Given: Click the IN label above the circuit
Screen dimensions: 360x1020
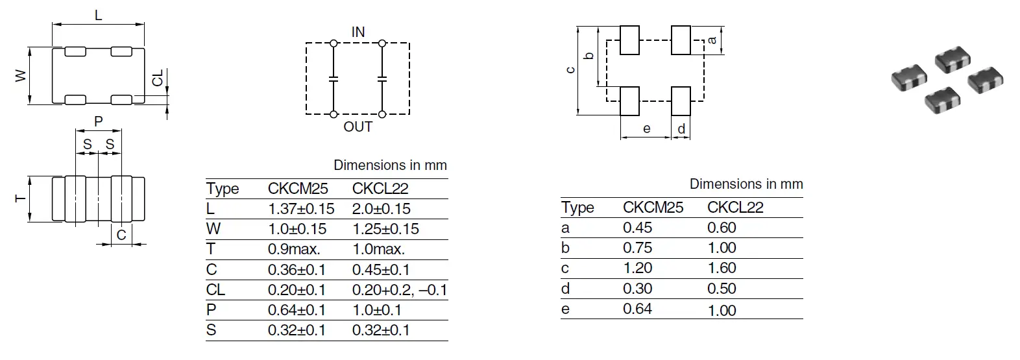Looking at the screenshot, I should click(358, 32).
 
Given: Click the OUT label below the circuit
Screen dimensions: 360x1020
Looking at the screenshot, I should click(358, 126).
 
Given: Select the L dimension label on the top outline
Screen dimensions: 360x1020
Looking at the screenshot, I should click(99, 14).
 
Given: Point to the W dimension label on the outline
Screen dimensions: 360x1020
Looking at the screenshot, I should click(21, 76).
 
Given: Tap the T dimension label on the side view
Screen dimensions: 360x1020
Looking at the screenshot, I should click(21, 198).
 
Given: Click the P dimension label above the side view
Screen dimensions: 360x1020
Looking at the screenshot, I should click(99, 121).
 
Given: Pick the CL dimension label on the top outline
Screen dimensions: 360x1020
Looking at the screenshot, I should click(158, 78).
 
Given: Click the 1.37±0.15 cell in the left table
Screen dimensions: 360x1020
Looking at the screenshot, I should click(300, 209).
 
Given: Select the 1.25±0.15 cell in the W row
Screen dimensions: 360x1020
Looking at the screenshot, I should click(385, 229).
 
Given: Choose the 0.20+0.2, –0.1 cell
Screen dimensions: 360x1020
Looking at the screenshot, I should click(399, 290).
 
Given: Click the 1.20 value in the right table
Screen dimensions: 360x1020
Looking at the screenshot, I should click(637, 268).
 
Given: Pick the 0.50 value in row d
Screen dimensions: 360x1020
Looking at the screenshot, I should click(722, 289).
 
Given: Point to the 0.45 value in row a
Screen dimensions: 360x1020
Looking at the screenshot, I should click(637, 228).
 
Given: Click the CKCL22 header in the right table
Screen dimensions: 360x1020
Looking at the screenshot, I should click(735, 208).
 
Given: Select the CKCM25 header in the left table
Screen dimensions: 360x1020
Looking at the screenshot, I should click(298, 189).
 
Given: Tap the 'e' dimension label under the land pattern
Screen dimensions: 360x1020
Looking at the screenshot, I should click(646, 128).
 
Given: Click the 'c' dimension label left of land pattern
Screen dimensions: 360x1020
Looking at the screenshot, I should click(570, 70).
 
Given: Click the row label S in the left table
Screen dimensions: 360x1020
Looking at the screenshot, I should click(211, 330).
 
